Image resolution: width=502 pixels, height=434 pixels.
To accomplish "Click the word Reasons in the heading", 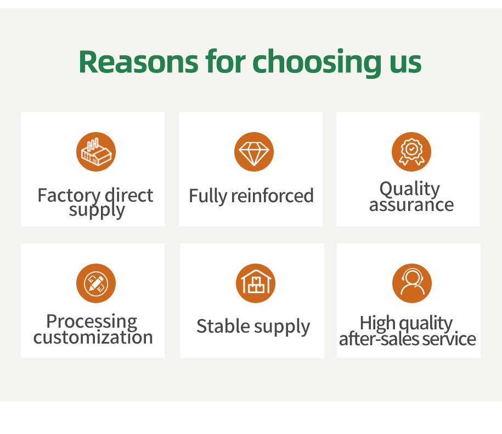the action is pos(139,61).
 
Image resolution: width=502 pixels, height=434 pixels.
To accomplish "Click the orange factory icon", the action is pos(96,152).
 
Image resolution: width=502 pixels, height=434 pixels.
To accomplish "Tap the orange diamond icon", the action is pos(254,152).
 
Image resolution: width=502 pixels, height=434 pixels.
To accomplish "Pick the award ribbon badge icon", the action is pos(411,152).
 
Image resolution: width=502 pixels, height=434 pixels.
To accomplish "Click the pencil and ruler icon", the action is pos(96,283).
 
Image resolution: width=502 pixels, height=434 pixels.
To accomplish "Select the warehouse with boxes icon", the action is pos(256,283).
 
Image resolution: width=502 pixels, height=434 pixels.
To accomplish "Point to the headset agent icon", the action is pos(411,283).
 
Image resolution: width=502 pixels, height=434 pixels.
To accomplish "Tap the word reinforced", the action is pos(272,196).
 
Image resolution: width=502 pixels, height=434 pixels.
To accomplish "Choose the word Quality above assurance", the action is pos(410,189).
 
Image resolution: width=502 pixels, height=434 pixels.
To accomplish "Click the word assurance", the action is pos(411,205).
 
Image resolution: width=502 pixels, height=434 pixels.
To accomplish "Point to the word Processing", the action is pos(92,322).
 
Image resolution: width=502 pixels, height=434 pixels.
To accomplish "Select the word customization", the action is pos(93,338).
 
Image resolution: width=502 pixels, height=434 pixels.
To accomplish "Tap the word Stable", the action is pos(223,326).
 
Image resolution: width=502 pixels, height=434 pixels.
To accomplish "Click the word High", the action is pos(377,323).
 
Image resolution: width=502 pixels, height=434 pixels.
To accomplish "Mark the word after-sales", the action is pos(379,339).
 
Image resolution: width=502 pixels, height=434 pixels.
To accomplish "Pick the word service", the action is pos(449,339).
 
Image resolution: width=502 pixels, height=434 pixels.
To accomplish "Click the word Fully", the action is pos(208,196).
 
